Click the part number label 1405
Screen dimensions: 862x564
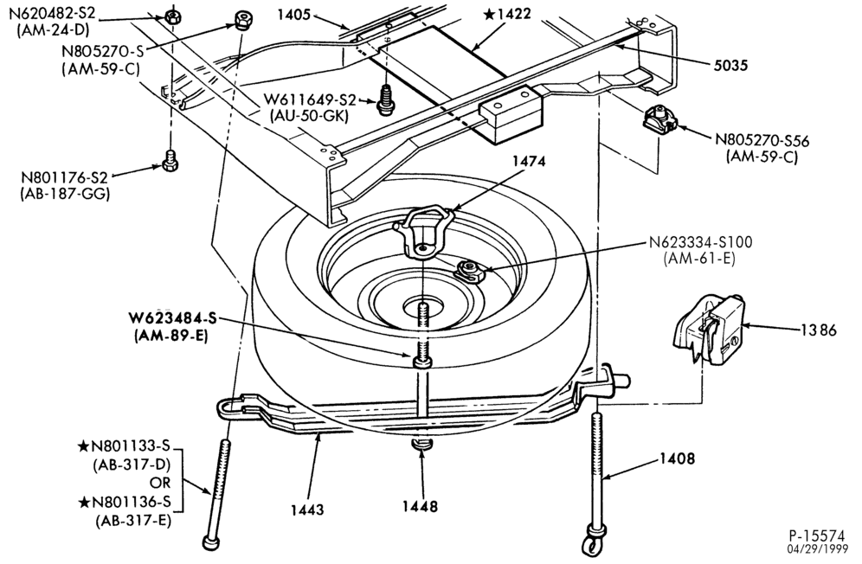click(294, 15)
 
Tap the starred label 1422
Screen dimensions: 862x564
click(507, 14)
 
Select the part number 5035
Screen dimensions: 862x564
click(730, 66)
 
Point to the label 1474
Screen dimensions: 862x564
click(529, 161)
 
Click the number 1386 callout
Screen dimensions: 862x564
click(818, 330)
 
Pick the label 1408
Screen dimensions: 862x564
click(678, 458)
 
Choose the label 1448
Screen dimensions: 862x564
click(420, 506)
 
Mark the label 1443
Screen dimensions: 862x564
click(308, 510)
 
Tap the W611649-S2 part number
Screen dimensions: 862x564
click(310, 100)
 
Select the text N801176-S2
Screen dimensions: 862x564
click(64, 177)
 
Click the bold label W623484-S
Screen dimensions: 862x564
click(172, 318)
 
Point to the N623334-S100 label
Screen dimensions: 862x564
click(700, 242)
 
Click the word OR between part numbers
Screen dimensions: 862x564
click(160, 483)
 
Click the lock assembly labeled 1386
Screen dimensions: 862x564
click(708, 330)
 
